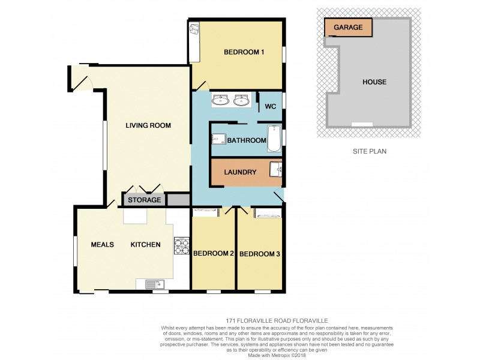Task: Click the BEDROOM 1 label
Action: (x=244, y=52)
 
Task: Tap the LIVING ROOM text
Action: (x=148, y=125)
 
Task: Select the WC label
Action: (x=270, y=108)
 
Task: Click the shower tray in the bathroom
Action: (x=217, y=140)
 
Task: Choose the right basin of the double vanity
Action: (x=242, y=100)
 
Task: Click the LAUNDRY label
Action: (x=240, y=172)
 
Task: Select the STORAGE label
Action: (x=144, y=200)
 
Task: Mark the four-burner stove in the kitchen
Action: (x=181, y=245)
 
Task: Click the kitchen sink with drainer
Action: (x=153, y=284)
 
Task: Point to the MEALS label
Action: (x=103, y=244)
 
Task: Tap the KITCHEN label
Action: (x=146, y=244)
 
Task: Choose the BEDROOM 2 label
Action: (x=213, y=253)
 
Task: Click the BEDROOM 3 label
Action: (x=259, y=254)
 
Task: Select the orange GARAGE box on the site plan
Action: (x=348, y=28)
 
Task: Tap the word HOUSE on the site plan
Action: (x=374, y=82)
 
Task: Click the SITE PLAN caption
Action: (x=369, y=151)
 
